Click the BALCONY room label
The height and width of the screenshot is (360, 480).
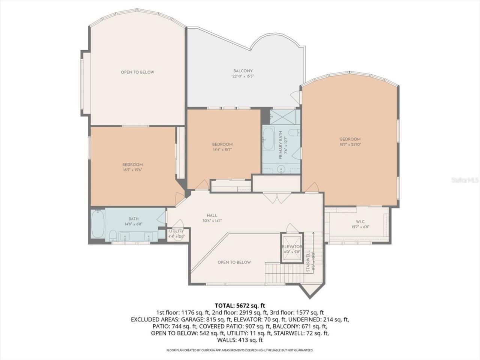pyautogui.click(x=243, y=71)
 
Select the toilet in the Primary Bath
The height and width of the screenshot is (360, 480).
pyautogui.click(x=294, y=132)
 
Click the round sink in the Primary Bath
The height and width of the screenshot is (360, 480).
pyautogui.click(x=281, y=169)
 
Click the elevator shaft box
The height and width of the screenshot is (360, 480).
pyautogui.click(x=292, y=248)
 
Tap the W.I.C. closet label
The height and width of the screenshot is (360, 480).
pyautogui.click(x=358, y=222)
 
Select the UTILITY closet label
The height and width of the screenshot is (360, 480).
pyautogui.click(x=176, y=231)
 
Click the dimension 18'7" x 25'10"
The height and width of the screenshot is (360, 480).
pyautogui.click(x=350, y=144)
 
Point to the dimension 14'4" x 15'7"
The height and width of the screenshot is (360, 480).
pyautogui.click(x=222, y=149)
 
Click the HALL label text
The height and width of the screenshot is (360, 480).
pyautogui.click(x=212, y=216)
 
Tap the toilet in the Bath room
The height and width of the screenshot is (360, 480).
pyautogui.click(x=113, y=236)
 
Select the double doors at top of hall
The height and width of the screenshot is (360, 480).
pyautogui.click(x=276, y=197)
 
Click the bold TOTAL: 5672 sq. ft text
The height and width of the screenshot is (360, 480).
pyautogui.click(x=240, y=305)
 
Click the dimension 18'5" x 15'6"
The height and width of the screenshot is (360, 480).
pyautogui.click(x=132, y=169)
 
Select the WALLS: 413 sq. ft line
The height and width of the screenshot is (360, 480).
pyautogui.click(x=240, y=340)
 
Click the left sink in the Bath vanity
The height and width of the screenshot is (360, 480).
pyautogui.click(x=125, y=237)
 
